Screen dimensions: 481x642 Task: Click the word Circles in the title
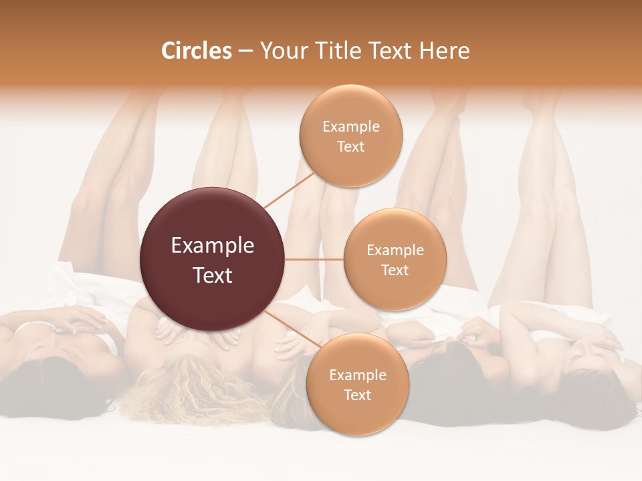pyautogui.click(x=196, y=51)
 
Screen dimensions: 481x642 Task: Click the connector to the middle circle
pyautogui.click(x=314, y=259)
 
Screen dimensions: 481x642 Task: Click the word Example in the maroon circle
pyautogui.click(x=213, y=246)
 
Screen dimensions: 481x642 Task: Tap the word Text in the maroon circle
pyautogui.click(x=213, y=275)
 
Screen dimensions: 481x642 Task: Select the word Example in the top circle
pyautogui.click(x=351, y=126)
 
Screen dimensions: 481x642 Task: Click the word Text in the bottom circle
pyautogui.click(x=357, y=395)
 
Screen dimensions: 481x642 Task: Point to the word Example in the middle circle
pyautogui.click(x=395, y=250)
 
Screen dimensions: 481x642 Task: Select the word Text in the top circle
pyautogui.click(x=350, y=146)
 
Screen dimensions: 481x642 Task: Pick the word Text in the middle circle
pyautogui.click(x=395, y=270)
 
